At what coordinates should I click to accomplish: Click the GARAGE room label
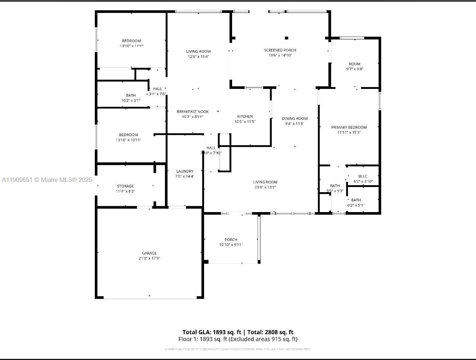click(x=149, y=253)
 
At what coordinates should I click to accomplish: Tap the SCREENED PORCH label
click(x=280, y=50)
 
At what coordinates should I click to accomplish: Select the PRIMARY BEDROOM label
click(x=349, y=127)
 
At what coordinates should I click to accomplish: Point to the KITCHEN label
click(x=245, y=117)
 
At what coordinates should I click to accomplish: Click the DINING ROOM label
click(x=294, y=118)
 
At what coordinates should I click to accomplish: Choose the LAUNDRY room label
click(x=184, y=171)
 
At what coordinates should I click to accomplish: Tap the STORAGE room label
click(x=125, y=186)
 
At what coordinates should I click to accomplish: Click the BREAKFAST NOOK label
click(x=193, y=111)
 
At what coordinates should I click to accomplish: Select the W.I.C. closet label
click(x=363, y=176)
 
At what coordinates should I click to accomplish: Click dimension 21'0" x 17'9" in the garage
click(x=149, y=258)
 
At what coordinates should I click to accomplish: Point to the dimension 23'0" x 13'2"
click(x=265, y=187)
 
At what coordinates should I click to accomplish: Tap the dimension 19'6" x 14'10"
click(x=280, y=55)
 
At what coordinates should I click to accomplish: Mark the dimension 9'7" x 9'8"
click(x=355, y=69)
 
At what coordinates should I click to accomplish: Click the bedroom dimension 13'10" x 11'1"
click(x=131, y=46)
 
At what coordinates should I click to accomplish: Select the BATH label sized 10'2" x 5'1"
click(x=131, y=95)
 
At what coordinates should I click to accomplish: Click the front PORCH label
click(x=231, y=239)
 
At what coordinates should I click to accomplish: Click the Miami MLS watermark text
click(x=47, y=180)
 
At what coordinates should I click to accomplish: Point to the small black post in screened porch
click(x=286, y=38)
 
